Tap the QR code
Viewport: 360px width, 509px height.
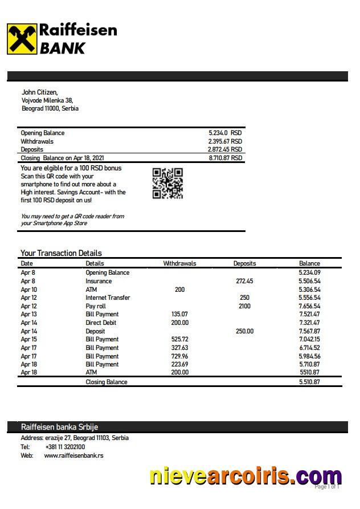coord(167,184)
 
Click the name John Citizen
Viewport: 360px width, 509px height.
coord(39,92)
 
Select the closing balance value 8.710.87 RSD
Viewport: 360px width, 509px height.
coord(225,158)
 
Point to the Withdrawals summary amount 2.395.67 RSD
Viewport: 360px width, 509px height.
coord(225,141)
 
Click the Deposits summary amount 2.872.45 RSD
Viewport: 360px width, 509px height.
coord(225,149)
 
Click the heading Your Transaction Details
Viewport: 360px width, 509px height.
coord(61,253)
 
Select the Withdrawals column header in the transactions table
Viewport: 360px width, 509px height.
coord(179,264)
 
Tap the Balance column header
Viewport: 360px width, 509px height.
coord(309,264)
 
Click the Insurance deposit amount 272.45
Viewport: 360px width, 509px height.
coord(244,281)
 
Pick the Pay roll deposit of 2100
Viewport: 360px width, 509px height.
coord(244,306)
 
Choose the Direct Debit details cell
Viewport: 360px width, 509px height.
coord(101,323)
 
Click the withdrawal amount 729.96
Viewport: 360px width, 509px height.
coord(179,356)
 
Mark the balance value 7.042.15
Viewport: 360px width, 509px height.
coord(309,339)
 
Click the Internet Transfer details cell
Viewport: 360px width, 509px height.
coord(108,298)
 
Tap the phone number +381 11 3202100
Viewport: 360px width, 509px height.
coord(65,447)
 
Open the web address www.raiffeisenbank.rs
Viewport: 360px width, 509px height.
coord(73,455)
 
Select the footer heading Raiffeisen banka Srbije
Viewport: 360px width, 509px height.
coord(55,427)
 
